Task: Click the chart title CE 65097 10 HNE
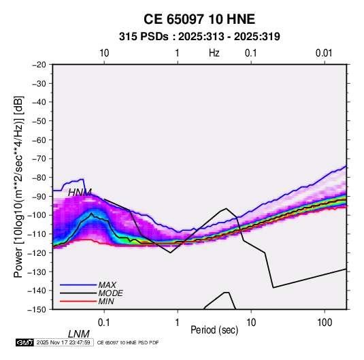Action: click(x=199, y=19)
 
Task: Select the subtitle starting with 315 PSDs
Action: click(x=199, y=37)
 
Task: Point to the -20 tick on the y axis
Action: click(x=39, y=65)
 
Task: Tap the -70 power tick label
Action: click(x=39, y=159)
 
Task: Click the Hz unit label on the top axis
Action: click(x=214, y=53)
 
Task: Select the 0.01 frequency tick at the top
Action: click(x=324, y=53)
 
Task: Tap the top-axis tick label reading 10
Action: click(x=104, y=53)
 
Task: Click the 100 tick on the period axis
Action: click(x=325, y=323)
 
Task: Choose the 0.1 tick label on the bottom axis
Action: click(x=104, y=323)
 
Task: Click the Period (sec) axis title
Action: click(x=214, y=329)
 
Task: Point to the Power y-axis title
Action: click(x=18, y=187)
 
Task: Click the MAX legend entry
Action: click(x=107, y=285)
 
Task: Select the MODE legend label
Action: click(x=110, y=293)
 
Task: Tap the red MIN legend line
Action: click(x=78, y=301)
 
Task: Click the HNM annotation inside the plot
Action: click(x=80, y=193)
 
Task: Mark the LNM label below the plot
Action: click(x=79, y=334)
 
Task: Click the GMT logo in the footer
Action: click(x=25, y=342)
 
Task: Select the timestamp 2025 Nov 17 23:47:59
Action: click(x=63, y=342)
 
